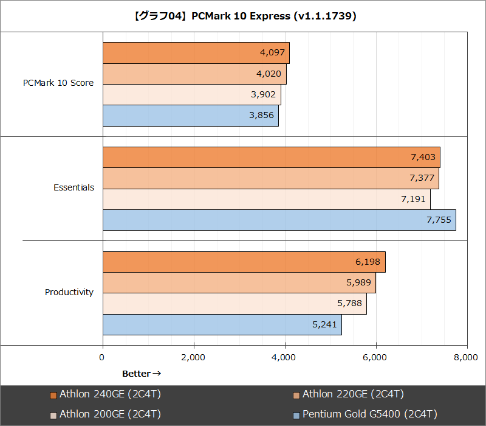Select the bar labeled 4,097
pos(196,53)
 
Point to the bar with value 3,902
pos(191,95)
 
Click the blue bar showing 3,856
pos(190,116)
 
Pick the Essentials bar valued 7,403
pos(271,158)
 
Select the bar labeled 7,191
pos(266,200)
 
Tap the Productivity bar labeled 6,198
pos(244,262)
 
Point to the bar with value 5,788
pos(234,304)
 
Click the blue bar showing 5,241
pos(222,325)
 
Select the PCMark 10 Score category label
pos(58,83)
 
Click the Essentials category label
pos(74,187)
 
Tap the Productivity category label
pos(69,292)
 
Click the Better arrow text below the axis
pos(142,374)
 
